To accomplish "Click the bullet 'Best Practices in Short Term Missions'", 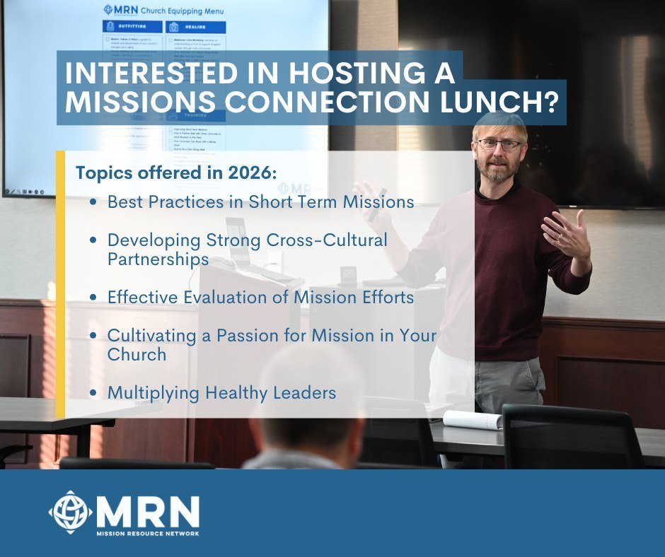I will click(260, 201).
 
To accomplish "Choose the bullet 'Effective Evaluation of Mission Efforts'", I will click(260, 297).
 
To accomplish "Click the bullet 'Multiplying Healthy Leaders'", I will click(221, 392).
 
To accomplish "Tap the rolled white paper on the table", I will click(472, 419).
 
